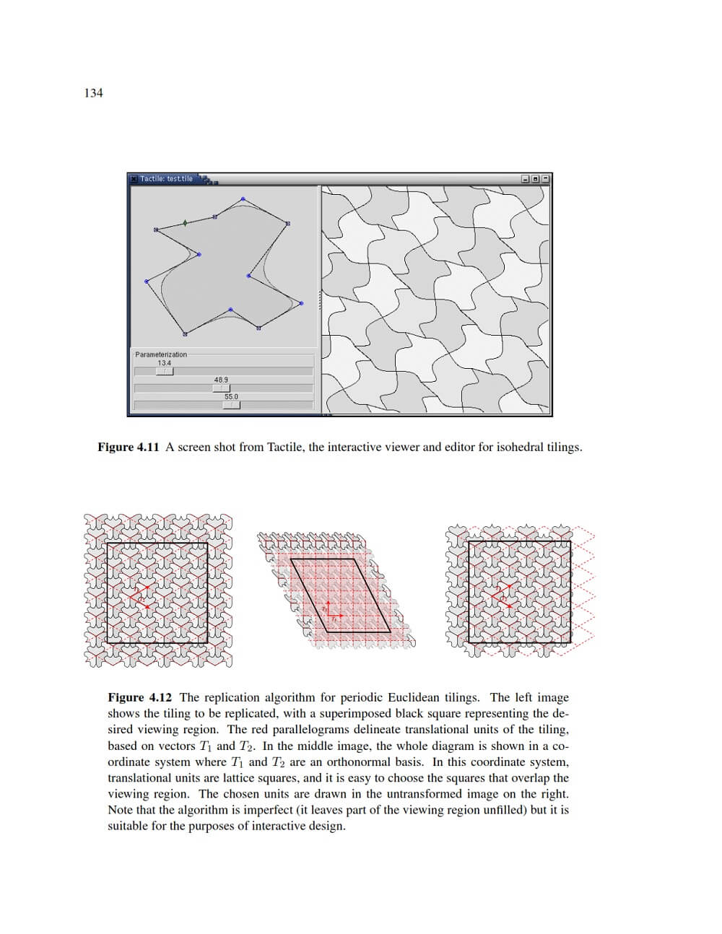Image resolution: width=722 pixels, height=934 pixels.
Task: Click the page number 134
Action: [x=93, y=93]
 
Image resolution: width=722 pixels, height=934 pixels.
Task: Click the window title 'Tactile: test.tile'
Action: [x=166, y=179]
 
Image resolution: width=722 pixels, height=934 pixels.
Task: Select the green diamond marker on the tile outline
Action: [x=185, y=223]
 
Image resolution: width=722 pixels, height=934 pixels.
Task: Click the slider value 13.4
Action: [x=165, y=363]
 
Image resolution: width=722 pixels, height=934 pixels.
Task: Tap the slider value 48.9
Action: [x=221, y=380]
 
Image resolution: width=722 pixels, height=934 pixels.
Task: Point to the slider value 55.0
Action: [x=231, y=397]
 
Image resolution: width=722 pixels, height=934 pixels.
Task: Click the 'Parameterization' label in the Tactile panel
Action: [x=161, y=354]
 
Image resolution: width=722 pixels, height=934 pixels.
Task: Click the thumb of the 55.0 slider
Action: [x=231, y=406]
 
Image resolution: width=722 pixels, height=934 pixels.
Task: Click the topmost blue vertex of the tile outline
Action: [x=243, y=199]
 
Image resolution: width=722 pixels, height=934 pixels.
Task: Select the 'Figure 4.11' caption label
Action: [x=128, y=448]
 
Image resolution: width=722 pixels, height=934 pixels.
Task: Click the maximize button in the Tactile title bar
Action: [x=535, y=179]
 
